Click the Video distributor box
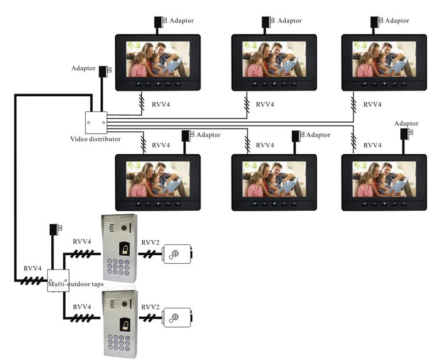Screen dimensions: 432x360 point(96,123)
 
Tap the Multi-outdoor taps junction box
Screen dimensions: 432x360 point(58,281)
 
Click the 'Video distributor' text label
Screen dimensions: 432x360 point(95,139)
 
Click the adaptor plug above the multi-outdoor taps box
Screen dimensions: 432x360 point(56,229)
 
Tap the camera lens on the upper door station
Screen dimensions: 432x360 point(124,228)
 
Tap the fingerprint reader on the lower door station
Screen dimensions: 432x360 point(124,324)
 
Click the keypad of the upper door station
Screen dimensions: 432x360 point(119,267)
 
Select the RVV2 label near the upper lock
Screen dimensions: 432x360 point(150,242)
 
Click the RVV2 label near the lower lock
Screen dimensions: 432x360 point(150,307)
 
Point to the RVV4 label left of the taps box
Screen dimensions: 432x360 point(32,268)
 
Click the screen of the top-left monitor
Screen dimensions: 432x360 point(158,59)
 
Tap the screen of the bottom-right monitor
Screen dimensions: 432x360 point(384,179)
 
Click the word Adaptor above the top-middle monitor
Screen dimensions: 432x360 point(290,21)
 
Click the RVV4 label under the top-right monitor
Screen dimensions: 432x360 point(373,104)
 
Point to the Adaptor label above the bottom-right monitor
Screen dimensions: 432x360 point(406,123)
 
